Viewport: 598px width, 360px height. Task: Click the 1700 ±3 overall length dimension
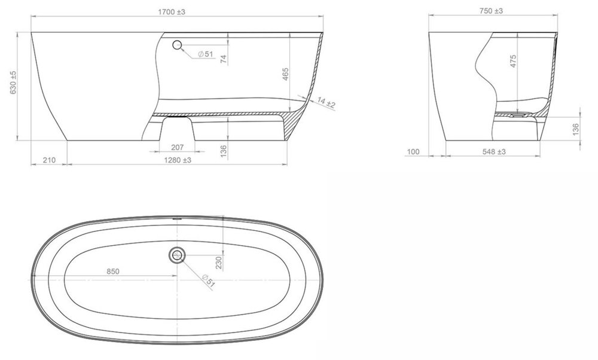click(x=172, y=12)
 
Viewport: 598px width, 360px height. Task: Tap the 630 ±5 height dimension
click(x=13, y=83)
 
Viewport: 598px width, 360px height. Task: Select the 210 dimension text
click(x=49, y=160)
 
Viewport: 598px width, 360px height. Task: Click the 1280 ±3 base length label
click(x=178, y=160)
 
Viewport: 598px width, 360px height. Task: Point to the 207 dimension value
click(x=178, y=147)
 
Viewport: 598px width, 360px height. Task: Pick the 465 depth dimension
click(x=286, y=74)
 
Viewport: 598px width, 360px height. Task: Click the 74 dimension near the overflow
click(x=224, y=59)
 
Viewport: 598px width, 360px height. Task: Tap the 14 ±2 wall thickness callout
click(x=326, y=103)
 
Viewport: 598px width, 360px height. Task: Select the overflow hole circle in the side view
click(x=176, y=45)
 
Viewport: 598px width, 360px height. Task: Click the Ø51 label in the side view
click(x=206, y=54)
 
